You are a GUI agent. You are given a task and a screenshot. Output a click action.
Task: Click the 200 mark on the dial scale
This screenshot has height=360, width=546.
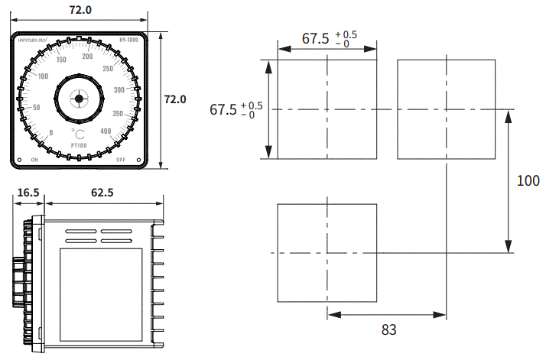[x=87, y=56]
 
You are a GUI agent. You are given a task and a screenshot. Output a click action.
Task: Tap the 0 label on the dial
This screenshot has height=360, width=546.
[x=50, y=132]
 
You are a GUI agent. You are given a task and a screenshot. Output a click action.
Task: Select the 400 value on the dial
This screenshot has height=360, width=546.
[x=106, y=131]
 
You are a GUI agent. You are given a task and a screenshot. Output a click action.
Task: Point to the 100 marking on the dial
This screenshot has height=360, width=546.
[x=43, y=76]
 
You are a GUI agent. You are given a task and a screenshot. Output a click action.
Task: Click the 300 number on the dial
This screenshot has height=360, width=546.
[x=119, y=90]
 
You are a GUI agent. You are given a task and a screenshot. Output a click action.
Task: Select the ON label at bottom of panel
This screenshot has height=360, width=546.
[x=34, y=160]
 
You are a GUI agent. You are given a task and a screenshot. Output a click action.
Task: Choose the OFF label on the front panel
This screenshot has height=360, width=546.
[x=120, y=160]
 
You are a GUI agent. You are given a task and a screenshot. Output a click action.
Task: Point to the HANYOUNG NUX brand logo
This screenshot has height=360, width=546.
[x=33, y=41]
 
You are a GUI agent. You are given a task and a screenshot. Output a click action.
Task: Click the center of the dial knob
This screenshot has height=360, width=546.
[x=77, y=99]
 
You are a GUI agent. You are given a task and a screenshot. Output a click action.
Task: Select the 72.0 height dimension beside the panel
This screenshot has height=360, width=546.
[x=175, y=99]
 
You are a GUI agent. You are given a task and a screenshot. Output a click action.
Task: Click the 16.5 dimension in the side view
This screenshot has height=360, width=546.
[x=28, y=193]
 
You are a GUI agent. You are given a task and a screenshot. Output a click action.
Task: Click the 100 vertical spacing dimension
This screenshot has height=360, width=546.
[x=528, y=181]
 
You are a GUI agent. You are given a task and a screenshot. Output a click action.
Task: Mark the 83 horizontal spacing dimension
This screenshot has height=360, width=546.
[x=388, y=329]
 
